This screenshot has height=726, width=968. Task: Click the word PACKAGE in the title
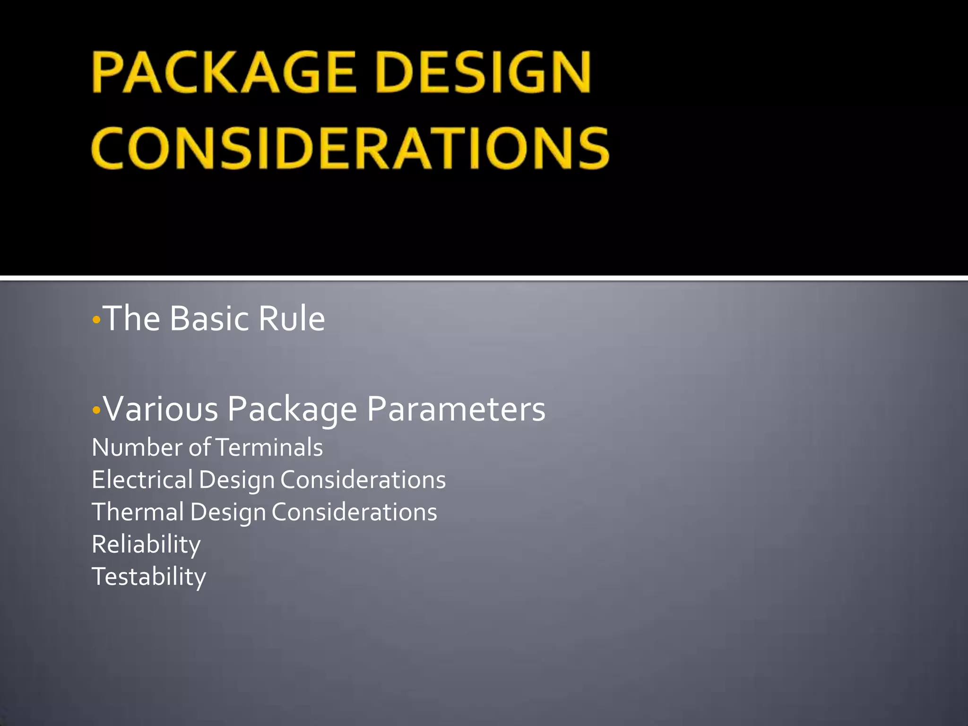tap(224, 72)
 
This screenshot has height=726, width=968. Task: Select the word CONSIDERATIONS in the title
tap(350, 147)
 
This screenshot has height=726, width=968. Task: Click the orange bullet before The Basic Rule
tap(96, 320)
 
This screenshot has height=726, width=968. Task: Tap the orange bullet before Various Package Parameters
tap(96, 410)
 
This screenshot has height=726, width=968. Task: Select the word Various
tap(161, 409)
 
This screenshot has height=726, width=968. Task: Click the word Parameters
tap(456, 409)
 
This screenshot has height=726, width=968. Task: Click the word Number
tap(138, 448)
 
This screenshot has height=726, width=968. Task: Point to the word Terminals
tap(269, 448)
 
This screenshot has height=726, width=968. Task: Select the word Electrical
tap(142, 480)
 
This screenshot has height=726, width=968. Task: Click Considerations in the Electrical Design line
tap(363, 480)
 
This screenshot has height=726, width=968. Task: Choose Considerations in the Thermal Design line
tap(354, 512)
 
